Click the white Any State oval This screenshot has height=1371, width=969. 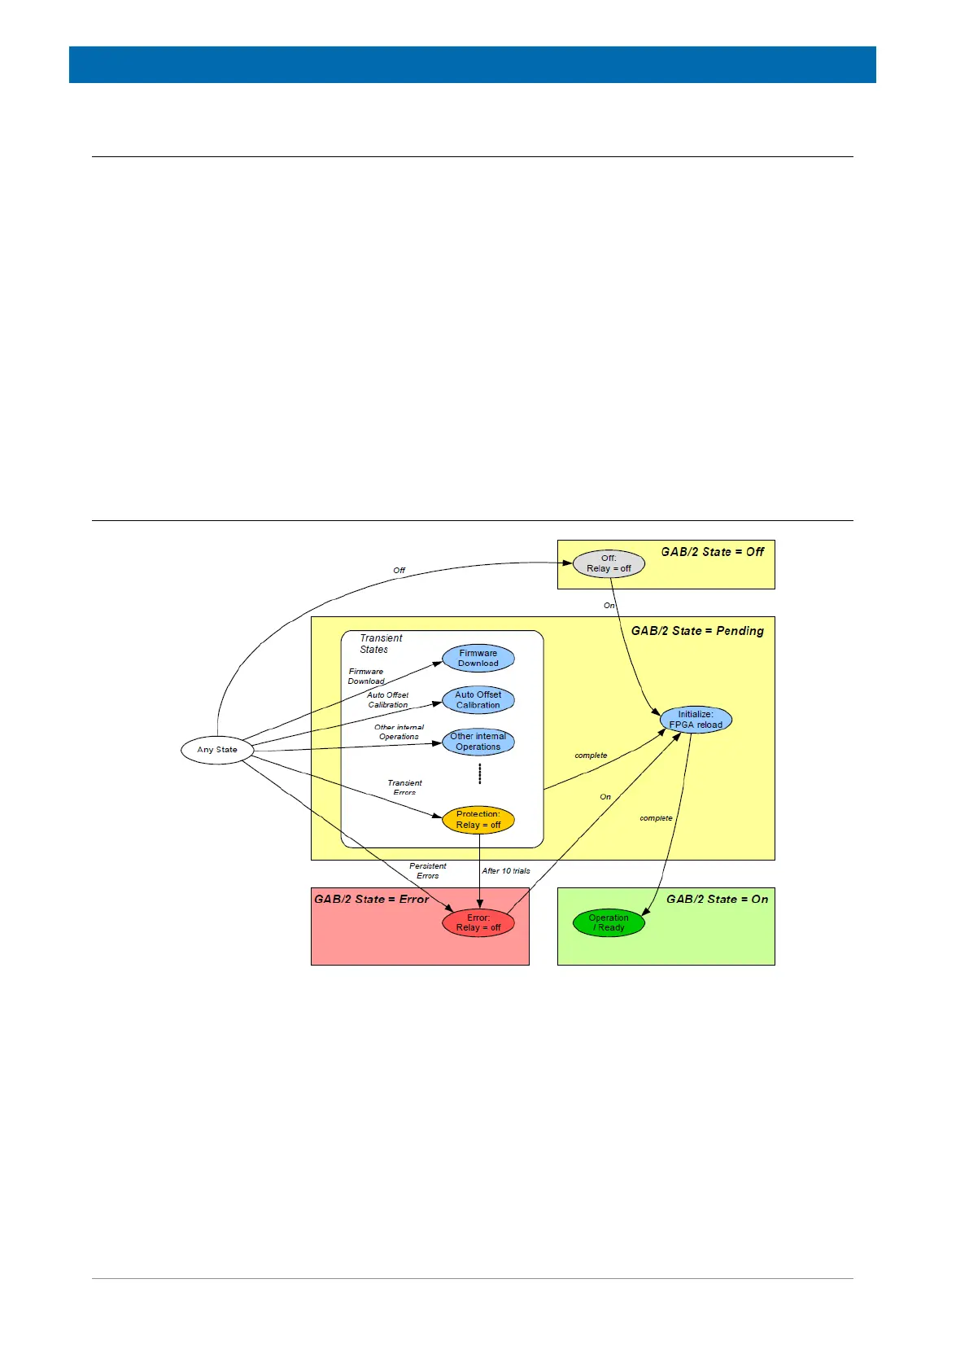coord(217,750)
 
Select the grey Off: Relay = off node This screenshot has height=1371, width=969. coord(609,563)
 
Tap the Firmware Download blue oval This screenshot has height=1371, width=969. coord(478,659)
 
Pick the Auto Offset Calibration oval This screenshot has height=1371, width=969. coord(478,700)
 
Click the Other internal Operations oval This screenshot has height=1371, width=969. coord(478,742)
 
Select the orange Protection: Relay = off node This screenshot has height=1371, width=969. coord(478,820)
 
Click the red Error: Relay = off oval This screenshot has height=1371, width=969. coord(478,922)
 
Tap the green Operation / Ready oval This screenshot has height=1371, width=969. coord(609,922)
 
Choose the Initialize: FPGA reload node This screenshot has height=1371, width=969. coord(696,720)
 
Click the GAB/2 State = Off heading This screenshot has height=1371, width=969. coord(712,552)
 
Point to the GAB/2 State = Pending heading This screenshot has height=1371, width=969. coord(697,631)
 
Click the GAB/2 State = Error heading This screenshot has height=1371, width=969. coord(371,900)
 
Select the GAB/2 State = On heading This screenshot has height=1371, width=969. coord(717,900)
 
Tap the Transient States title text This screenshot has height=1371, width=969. coord(380,644)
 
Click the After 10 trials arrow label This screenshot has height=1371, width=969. coord(506,871)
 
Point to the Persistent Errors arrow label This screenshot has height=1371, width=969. coord(428,871)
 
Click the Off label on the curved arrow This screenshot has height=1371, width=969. coord(399,571)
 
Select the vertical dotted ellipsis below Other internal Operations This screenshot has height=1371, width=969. coord(480,773)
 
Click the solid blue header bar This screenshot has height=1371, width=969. coord(472,64)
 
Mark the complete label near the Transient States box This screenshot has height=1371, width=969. coord(591,756)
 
